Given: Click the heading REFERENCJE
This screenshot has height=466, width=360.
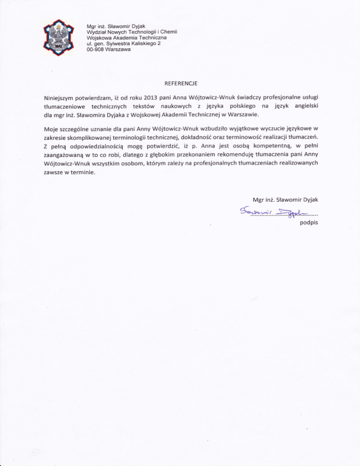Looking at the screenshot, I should [x=180, y=84].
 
